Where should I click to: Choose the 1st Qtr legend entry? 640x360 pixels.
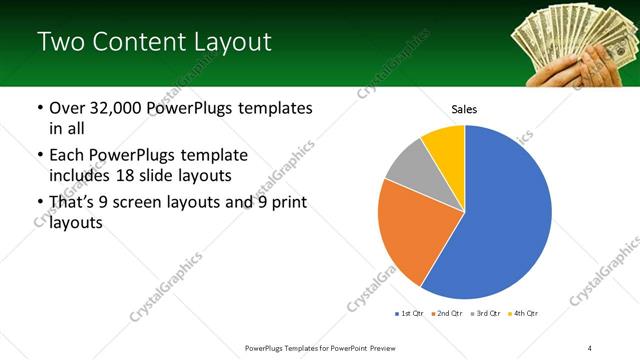click(411, 314)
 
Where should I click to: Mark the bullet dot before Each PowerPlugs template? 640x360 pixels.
click(39, 156)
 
